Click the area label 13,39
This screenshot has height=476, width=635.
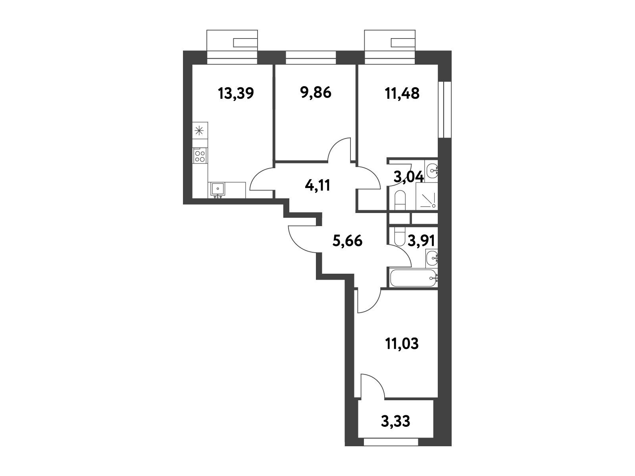pyautogui.click(x=236, y=93)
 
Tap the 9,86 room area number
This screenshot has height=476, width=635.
pyautogui.click(x=316, y=93)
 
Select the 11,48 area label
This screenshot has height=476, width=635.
pyautogui.click(x=402, y=94)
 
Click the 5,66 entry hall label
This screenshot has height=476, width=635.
pyautogui.click(x=347, y=241)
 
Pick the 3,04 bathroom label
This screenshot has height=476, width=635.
pyautogui.click(x=409, y=177)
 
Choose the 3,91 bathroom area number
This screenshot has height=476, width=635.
pyautogui.click(x=421, y=241)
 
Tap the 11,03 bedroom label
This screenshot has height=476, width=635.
pyautogui.click(x=402, y=344)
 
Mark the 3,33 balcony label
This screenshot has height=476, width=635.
pyautogui.click(x=395, y=421)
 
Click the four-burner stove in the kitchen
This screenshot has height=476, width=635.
pyautogui.click(x=200, y=156)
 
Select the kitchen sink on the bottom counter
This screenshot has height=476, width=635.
pyautogui.click(x=217, y=189)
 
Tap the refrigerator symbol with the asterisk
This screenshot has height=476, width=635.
pyautogui.click(x=200, y=131)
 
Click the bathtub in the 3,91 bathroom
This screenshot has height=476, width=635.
pyautogui.click(x=413, y=278)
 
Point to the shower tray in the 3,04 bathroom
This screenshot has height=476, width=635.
pyautogui.click(x=427, y=196)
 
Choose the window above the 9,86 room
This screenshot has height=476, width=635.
pyautogui.click(x=311, y=57)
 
